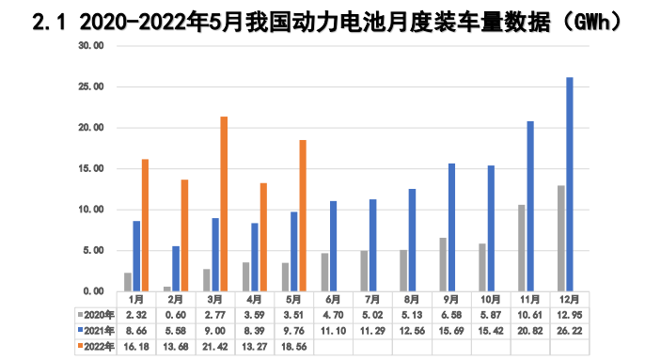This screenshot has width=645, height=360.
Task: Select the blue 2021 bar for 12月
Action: [570, 183]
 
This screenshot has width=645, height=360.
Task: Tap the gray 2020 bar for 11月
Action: [522, 247]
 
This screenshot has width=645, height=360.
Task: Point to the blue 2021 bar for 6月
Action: [333, 245]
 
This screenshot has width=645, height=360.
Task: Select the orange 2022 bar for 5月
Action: [303, 215]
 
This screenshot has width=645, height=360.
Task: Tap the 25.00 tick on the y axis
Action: [90, 86]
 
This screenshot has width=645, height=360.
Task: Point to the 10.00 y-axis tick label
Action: [90, 210]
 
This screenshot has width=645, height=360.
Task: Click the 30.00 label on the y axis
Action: [90, 45]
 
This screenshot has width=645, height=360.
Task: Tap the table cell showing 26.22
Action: [567, 331]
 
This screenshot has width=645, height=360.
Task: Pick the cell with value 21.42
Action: [214, 346]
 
